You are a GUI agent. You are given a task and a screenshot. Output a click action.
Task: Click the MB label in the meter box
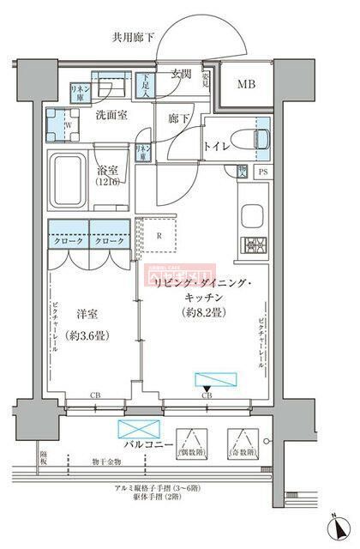click(245, 84)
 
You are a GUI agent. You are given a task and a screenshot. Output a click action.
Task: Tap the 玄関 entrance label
click(180, 74)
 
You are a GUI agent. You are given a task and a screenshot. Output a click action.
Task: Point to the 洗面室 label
click(111, 115)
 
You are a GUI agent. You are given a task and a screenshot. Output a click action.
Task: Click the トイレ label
click(218, 145)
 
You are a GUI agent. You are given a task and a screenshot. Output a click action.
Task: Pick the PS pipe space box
click(262, 172)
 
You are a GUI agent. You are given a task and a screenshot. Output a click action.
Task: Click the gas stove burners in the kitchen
click(255, 244)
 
